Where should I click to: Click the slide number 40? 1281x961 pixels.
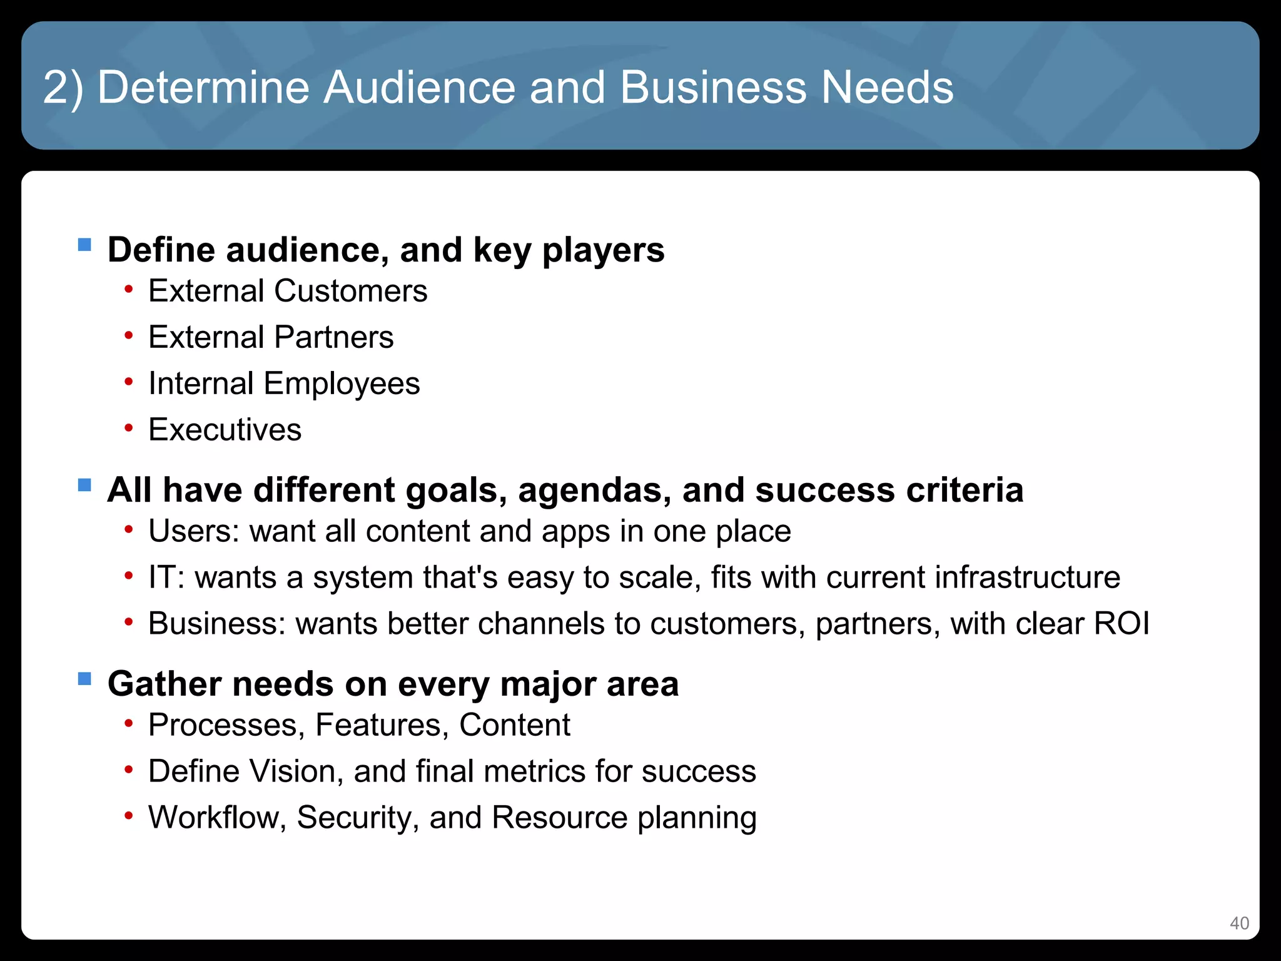(x=1239, y=923)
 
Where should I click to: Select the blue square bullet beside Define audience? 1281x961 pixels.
(x=84, y=245)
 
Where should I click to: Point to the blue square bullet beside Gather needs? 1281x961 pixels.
(x=84, y=678)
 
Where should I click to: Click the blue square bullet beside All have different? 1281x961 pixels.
(x=84, y=485)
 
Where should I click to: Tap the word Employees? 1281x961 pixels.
(x=342, y=384)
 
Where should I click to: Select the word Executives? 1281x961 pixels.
(x=225, y=430)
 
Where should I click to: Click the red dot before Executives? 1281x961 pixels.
(x=128, y=429)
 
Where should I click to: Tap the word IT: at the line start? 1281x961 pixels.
(x=166, y=577)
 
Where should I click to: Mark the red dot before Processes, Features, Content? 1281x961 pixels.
(x=128, y=724)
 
